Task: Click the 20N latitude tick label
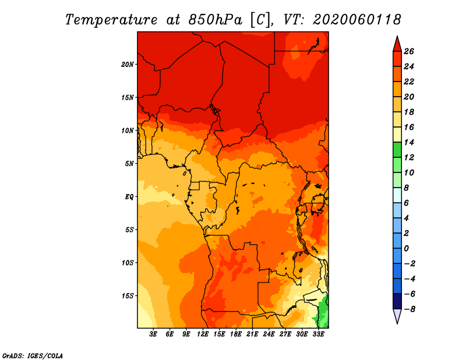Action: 128,65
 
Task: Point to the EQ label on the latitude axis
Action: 129,197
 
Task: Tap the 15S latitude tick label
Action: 128,296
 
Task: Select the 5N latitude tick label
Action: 129,164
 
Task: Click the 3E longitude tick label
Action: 153,334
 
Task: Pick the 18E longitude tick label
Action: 236,334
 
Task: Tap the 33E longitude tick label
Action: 318,334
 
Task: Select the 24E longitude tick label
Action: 269,334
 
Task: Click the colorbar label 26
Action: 409,51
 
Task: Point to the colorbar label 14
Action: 409,142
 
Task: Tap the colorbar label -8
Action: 409,309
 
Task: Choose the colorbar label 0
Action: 407,249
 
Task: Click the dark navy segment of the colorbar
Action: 397,301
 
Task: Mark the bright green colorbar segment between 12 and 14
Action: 397,150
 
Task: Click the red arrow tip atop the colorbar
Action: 397,36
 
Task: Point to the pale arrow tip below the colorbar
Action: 397,323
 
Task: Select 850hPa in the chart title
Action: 216,20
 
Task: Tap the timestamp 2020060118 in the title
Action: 357,20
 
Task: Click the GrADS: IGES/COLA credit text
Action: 33,355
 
